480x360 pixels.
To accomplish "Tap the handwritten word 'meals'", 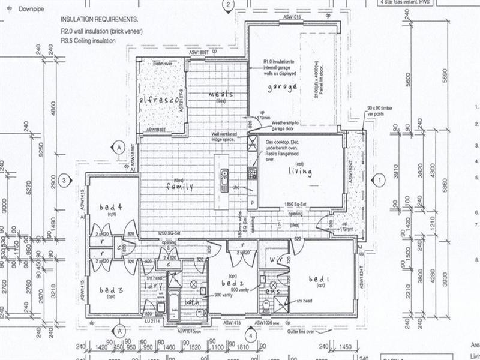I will tap(220, 95).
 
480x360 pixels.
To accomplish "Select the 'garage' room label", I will tap(282, 87).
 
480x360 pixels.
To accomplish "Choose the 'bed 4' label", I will tap(111, 208).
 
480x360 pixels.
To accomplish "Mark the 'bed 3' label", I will tap(111, 290).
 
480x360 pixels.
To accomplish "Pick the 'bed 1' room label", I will tap(319, 280).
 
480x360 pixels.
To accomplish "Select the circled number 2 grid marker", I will tap(228, 5).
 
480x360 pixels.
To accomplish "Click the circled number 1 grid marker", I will tap(379, 179).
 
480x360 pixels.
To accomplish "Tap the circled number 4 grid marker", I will tap(250, 335).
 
